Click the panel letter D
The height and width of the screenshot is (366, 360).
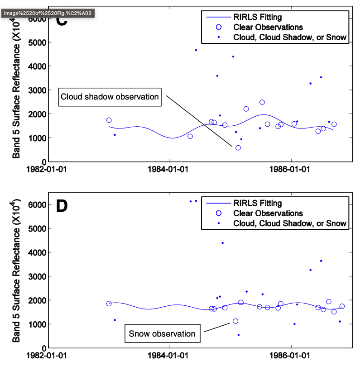pos(62,206)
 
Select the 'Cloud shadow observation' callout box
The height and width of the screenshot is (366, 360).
pos(110,97)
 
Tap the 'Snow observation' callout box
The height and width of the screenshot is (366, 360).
pos(162,334)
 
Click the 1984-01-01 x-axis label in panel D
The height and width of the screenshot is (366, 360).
pos(170,355)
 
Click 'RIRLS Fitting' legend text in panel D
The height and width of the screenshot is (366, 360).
pos(257,203)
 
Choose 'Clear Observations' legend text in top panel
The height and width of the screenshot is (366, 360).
pos(268,28)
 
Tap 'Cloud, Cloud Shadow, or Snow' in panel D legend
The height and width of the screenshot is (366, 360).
pos(290,223)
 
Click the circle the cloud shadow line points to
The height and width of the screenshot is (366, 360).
pos(238,148)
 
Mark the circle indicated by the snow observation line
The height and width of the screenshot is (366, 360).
pos(235,321)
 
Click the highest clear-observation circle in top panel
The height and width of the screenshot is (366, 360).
pos(262,102)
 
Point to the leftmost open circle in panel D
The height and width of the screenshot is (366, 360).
pos(109,304)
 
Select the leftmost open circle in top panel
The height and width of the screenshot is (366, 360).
pos(109,120)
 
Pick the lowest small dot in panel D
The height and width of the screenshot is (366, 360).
pos(239,335)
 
